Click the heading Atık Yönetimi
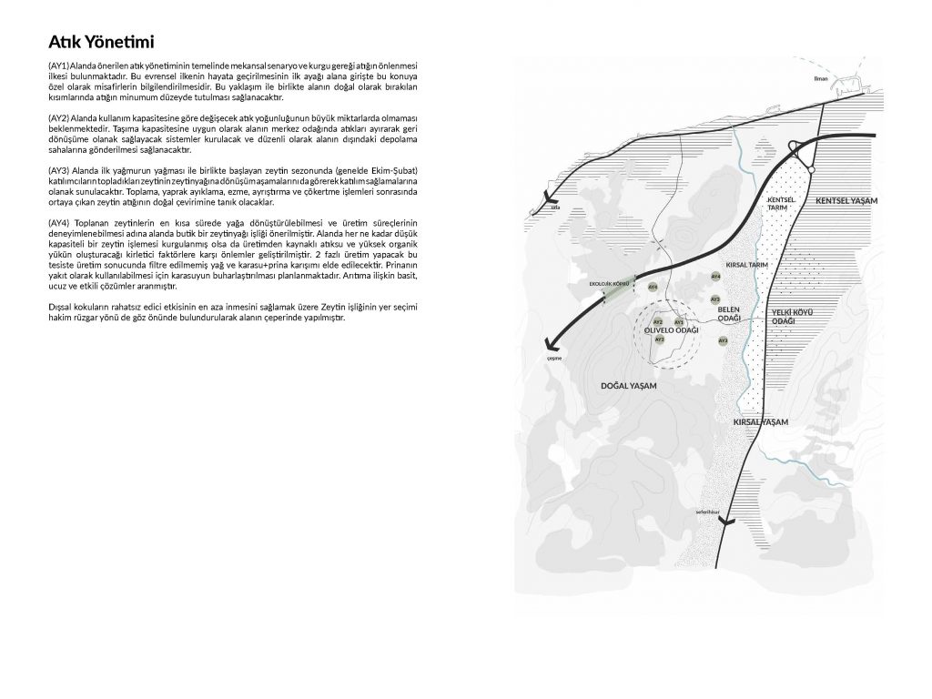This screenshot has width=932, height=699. click(101, 42)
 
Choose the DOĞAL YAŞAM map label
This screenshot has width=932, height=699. click(629, 386)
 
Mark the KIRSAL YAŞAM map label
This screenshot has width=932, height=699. click(760, 422)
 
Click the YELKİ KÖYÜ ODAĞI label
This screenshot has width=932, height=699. click(791, 317)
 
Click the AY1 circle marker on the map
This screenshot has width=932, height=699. click(679, 322)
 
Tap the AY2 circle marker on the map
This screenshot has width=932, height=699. click(658, 321)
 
